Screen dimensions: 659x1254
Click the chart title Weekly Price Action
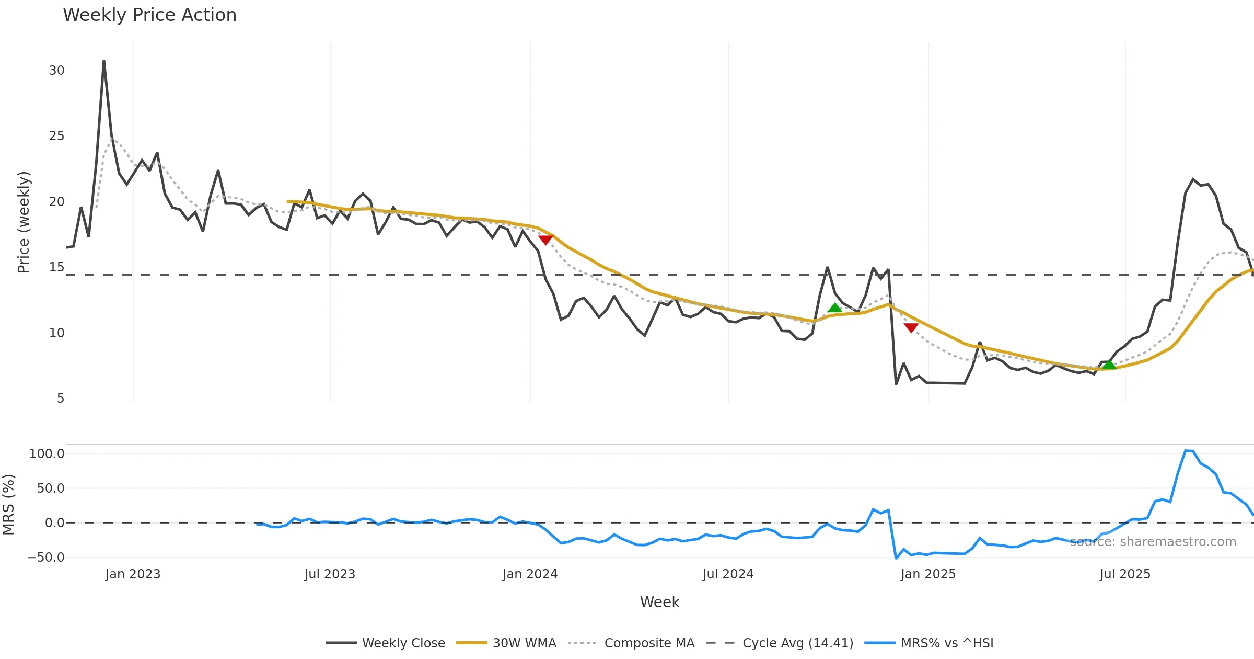149,15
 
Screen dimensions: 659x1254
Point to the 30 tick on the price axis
57,71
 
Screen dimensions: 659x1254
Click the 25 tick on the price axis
57,136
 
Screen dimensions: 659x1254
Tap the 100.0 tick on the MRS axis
47,454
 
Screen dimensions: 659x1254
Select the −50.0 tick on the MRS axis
46,558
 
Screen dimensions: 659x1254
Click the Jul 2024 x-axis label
728,574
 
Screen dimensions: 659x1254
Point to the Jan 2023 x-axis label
133,574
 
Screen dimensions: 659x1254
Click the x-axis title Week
659,603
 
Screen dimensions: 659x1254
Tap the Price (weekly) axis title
24,222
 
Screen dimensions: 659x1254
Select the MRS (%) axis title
9,505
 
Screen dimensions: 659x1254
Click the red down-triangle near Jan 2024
545,240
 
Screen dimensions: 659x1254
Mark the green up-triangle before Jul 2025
1109,364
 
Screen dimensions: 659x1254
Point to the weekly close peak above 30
104,61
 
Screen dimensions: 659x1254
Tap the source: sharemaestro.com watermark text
1153,542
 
